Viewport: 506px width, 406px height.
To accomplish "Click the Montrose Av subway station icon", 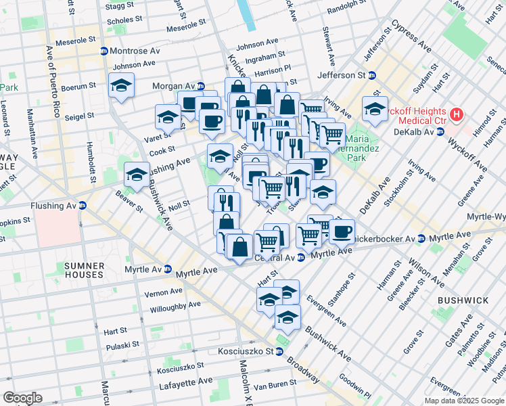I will (x=104, y=51).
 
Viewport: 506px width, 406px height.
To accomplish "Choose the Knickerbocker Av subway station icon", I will (x=421, y=239).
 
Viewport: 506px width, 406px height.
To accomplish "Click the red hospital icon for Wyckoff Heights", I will (x=457, y=115).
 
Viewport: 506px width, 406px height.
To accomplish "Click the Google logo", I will (x=22, y=397).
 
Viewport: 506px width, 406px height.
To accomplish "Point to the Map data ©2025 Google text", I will (x=464, y=400).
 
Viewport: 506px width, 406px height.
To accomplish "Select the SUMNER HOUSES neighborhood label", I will (x=85, y=270).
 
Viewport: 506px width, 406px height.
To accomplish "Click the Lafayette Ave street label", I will (x=185, y=382).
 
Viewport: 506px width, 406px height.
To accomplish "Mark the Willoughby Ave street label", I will (x=175, y=305).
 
